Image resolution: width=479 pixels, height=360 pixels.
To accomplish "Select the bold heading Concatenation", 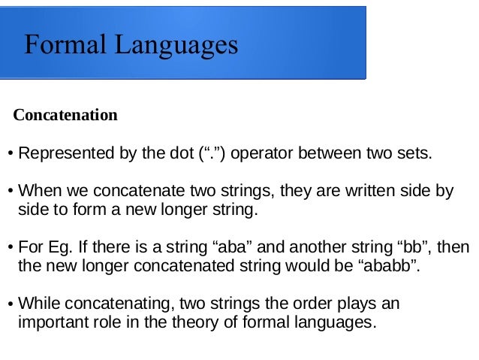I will [x=66, y=116].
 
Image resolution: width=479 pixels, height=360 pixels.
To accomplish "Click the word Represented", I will [x=59, y=155].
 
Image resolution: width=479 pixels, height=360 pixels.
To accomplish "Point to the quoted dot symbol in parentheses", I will [x=214, y=155].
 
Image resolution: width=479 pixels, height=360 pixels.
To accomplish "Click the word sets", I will [x=414, y=155].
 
